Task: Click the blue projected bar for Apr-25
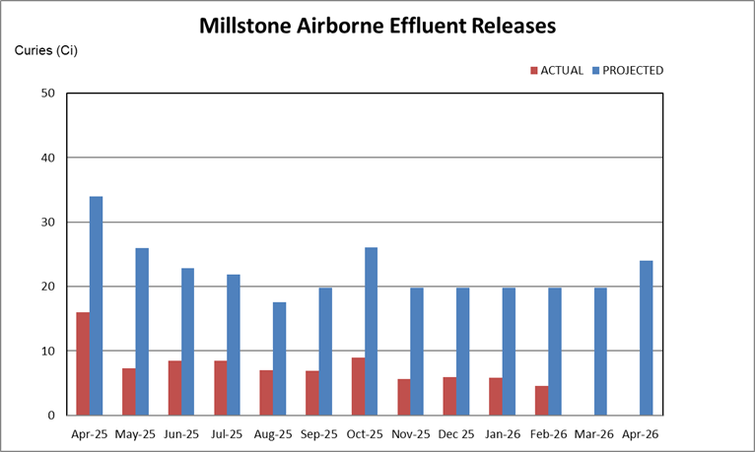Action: pos(97,305)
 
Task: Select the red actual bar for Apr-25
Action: pos(83,363)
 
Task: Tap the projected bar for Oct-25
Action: pos(372,331)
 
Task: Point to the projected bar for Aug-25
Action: pos(280,358)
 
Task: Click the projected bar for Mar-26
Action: pos(600,351)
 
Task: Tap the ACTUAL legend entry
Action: pos(558,71)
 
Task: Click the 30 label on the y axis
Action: pos(46,223)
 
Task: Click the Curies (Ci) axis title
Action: pos(45,49)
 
